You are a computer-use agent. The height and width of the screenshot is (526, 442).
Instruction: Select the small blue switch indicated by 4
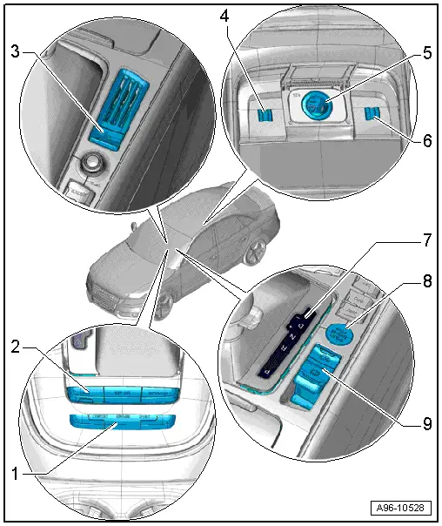266,112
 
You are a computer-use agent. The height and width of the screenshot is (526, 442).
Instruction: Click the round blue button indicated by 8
338,333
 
